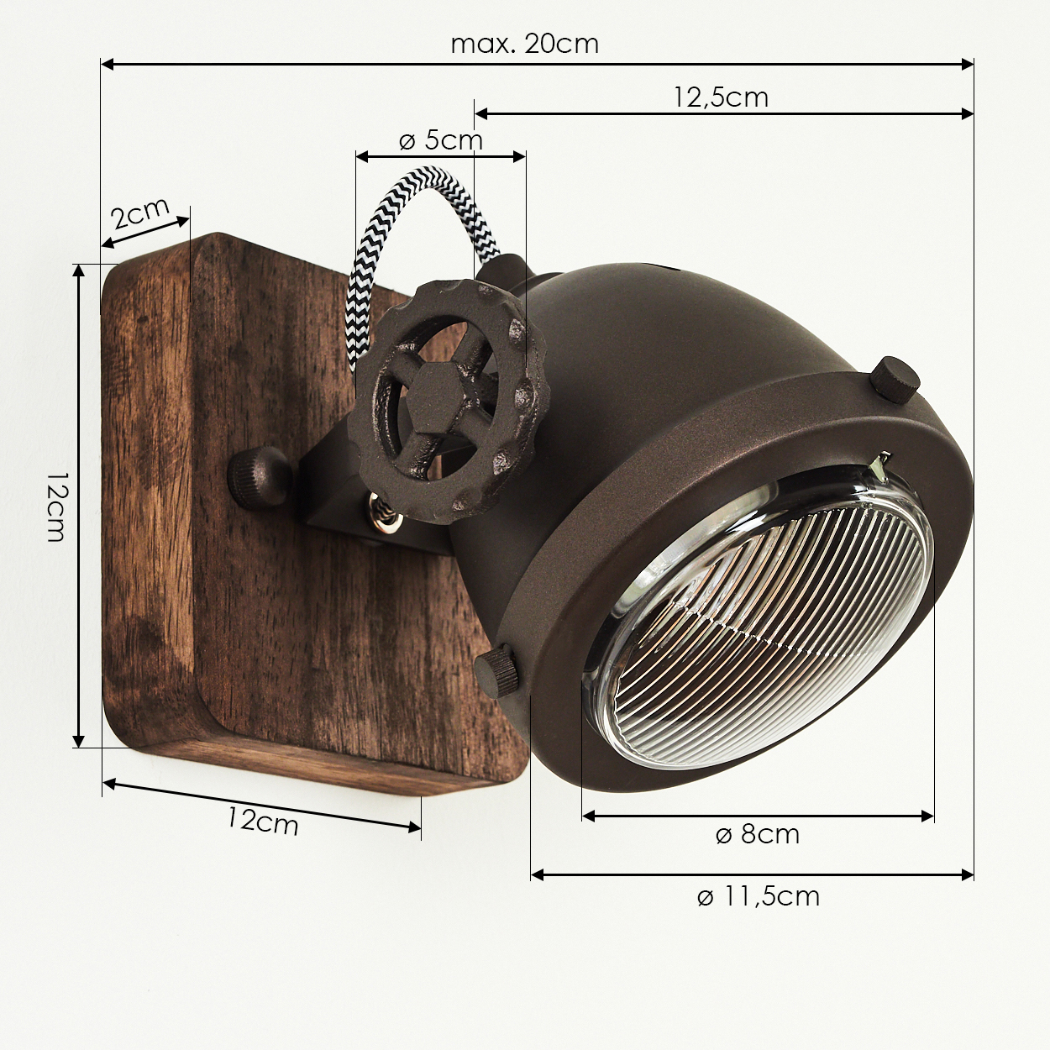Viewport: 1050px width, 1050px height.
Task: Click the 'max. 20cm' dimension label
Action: (x=525, y=44)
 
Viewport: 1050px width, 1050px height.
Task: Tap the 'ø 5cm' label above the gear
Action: (x=441, y=141)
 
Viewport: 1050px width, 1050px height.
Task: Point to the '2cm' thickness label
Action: (x=140, y=213)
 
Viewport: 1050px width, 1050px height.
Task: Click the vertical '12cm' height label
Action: (x=56, y=507)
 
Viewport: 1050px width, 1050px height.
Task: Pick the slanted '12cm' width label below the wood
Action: (x=263, y=822)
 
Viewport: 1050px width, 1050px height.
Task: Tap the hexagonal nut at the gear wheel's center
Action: (x=436, y=391)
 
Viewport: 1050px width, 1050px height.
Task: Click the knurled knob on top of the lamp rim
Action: (x=894, y=379)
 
